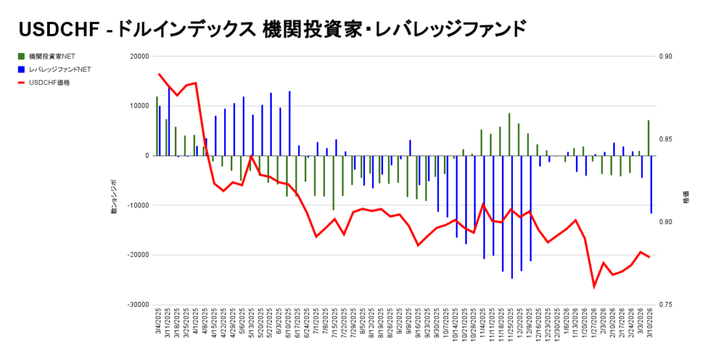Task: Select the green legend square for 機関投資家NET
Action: point(21,56)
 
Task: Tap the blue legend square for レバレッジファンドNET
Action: point(21,69)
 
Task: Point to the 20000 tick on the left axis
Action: point(140,57)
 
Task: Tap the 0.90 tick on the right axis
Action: point(664,57)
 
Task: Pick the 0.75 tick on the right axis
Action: point(664,304)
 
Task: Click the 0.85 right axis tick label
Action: point(664,140)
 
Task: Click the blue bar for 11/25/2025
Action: point(512,217)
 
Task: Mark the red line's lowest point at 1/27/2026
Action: point(594,286)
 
